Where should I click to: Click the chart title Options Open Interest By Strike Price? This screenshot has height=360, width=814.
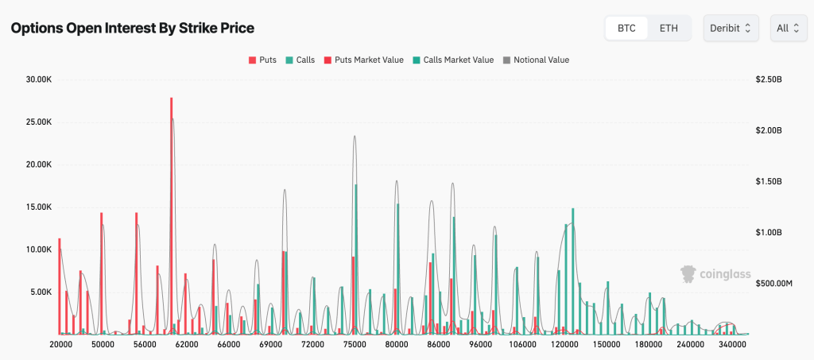[x=132, y=28]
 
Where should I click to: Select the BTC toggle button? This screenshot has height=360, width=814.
[x=626, y=28]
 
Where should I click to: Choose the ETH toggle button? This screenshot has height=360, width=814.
[x=669, y=28]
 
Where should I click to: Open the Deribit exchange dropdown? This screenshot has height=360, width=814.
[x=731, y=28]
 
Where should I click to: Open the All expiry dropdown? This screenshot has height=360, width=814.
[x=788, y=28]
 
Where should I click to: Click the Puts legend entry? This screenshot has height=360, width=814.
[x=263, y=60]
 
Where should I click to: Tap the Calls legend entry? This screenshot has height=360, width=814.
[x=300, y=60]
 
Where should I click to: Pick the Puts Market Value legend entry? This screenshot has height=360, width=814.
[x=364, y=60]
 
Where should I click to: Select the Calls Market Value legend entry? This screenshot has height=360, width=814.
[x=453, y=60]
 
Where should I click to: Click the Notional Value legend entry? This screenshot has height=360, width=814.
[x=537, y=60]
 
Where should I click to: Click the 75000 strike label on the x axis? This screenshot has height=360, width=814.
[x=355, y=345]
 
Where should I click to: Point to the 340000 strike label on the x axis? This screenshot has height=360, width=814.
[x=732, y=345]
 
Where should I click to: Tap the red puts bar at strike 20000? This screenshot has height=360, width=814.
[x=60, y=286]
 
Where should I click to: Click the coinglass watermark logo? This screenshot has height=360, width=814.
[x=715, y=274]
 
